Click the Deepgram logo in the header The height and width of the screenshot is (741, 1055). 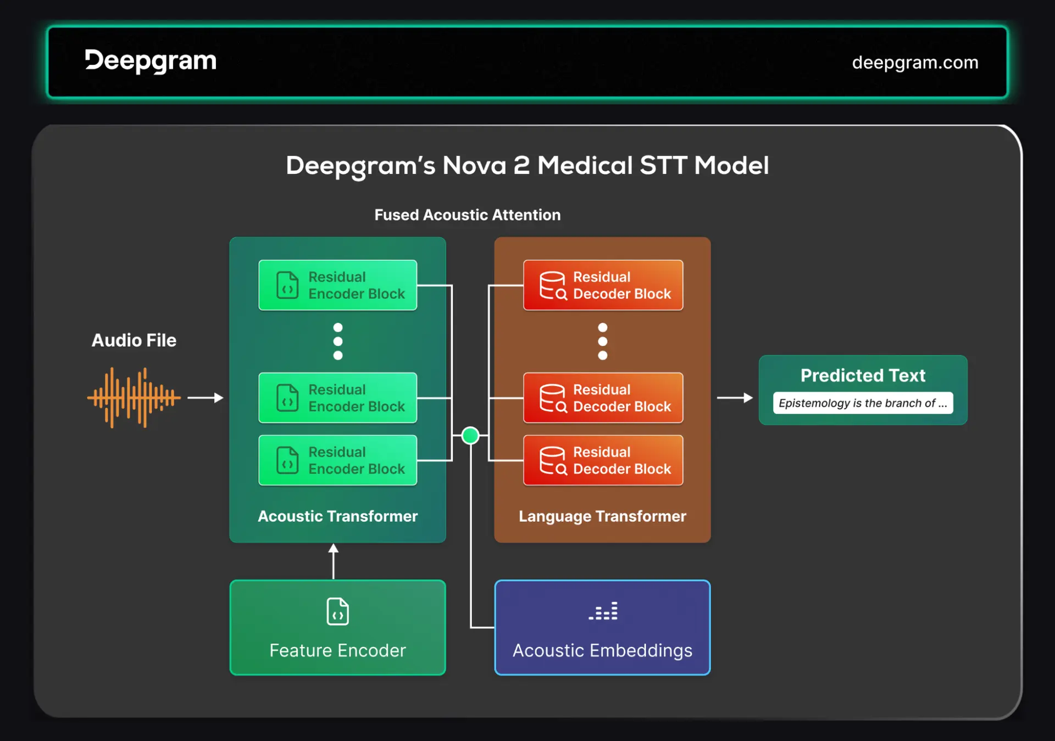click(x=151, y=61)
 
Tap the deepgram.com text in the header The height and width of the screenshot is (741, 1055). click(x=915, y=63)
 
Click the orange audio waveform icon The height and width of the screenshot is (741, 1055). click(x=134, y=397)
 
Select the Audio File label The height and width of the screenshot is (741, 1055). click(x=134, y=341)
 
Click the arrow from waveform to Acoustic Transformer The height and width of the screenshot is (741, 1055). click(x=205, y=397)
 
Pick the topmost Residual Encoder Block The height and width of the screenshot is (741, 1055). click(x=337, y=285)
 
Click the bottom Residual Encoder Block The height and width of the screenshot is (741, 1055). click(x=337, y=460)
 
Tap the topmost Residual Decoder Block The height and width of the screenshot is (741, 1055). click(x=603, y=285)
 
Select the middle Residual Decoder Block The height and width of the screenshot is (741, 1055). click(x=603, y=398)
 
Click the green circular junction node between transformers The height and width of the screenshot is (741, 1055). click(x=470, y=436)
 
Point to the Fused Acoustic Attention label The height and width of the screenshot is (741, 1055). click(x=467, y=215)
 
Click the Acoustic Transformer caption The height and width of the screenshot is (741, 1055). click(x=337, y=516)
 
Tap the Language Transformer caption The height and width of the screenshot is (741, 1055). click(x=602, y=516)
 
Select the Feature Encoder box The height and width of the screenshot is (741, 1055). click(x=337, y=627)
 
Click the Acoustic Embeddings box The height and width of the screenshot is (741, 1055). click(x=602, y=627)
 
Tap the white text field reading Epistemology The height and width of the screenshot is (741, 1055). click(x=863, y=403)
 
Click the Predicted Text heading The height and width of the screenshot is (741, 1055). click(x=863, y=376)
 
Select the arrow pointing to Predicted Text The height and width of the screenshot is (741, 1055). click(x=735, y=397)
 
